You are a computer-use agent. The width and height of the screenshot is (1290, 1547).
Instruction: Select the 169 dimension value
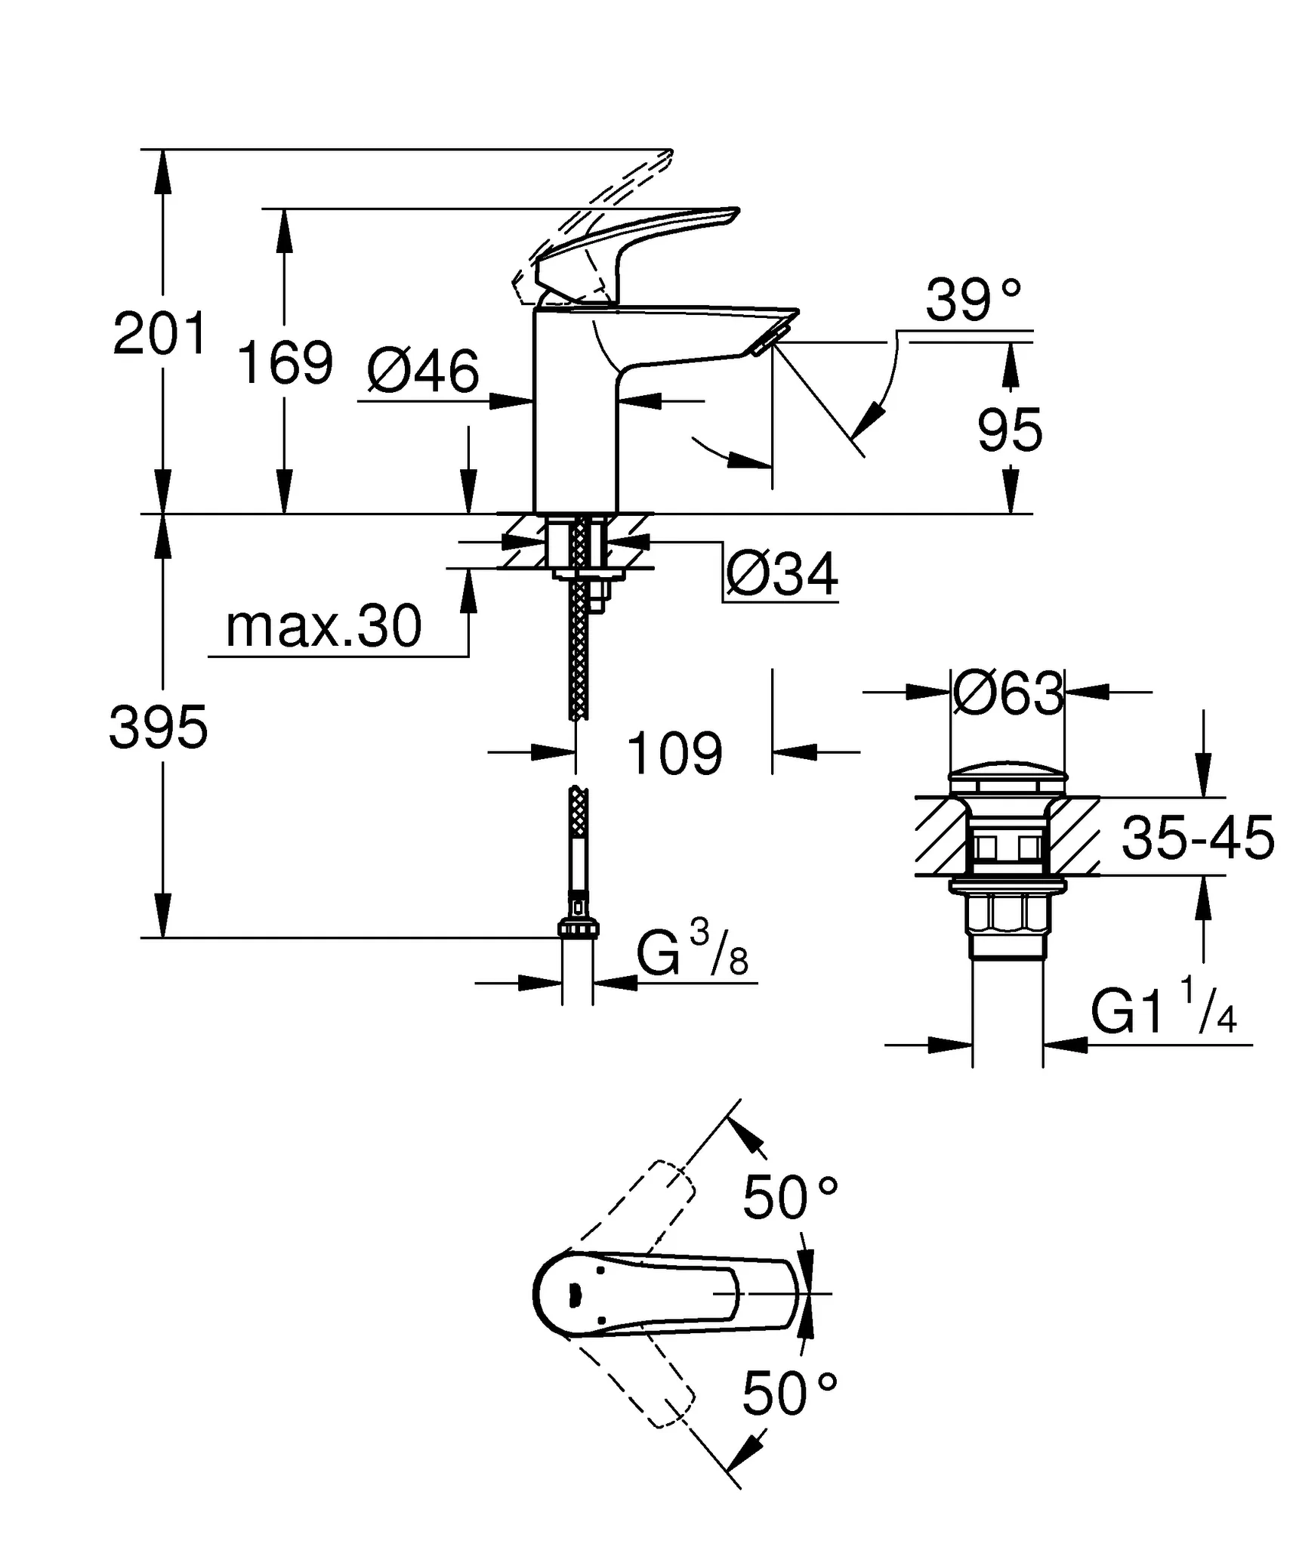click(285, 363)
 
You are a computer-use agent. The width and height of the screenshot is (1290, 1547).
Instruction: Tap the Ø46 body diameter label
click(423, 371)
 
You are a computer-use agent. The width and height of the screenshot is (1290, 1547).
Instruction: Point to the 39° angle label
click(973, 300)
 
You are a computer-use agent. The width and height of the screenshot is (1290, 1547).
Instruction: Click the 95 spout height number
click(1009, 431)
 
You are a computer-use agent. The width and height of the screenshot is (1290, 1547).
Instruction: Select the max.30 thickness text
click(323, 626)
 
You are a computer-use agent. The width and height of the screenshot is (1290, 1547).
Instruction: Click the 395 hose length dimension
click(158, 727)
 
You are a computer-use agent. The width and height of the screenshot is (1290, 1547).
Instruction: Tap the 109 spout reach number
click(674, 753)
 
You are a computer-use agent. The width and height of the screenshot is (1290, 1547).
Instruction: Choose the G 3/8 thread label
click(691, 953)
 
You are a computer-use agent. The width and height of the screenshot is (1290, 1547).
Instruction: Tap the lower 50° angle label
click(789, 1394)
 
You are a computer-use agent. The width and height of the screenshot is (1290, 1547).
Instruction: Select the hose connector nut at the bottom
click(578, 928)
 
